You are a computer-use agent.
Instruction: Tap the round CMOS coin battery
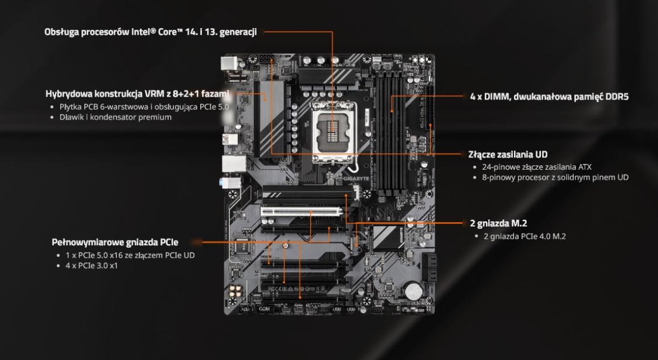coord(413,290)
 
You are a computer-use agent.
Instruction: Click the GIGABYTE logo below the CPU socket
coord(357,179)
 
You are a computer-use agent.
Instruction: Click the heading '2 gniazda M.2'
coord(499,223)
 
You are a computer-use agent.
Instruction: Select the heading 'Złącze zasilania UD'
coord(508,155)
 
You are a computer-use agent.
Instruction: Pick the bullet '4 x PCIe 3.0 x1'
coord(91,266)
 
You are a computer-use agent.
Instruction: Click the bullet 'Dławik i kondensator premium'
coord(115,117)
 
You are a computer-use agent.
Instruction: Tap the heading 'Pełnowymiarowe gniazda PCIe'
coord(115,242)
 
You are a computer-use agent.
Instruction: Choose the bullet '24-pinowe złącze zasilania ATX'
coord(537,167)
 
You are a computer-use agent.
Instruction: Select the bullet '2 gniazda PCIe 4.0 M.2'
coord(525,236)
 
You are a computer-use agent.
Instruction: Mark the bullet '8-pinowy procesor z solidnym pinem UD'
coord(555,177)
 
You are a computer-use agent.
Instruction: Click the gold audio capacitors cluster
coord(235,293)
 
